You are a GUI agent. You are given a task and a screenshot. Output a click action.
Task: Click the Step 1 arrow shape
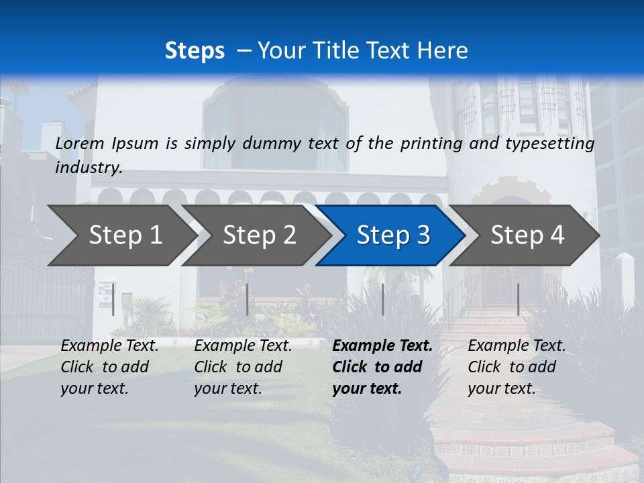(121, 235)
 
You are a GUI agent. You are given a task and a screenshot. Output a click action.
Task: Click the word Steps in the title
(195, 50)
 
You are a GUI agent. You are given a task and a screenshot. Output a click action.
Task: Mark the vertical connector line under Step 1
(113, 299)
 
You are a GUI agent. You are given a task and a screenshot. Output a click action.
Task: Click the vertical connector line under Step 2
(248, 299)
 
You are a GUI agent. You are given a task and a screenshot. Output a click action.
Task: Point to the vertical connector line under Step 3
(382, 299)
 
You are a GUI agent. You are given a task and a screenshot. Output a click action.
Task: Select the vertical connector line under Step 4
(518, 299)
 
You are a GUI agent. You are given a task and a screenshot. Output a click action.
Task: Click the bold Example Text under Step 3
(382, 346)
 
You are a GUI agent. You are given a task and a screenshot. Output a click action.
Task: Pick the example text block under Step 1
(109, 367)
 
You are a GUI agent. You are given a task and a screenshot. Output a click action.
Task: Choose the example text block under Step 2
(243, 367)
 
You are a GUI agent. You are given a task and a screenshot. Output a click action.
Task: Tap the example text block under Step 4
(517, 367)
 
